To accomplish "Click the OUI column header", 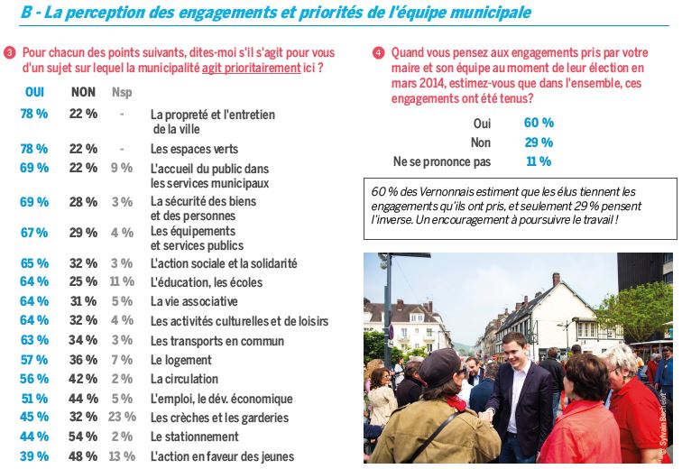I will pyautogui.click(x=34, y=92).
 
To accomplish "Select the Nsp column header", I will pyautogui.click(x=121, y=92).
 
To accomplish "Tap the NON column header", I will pyautogui.click(x=83, y=92).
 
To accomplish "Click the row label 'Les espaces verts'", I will pyautogui.click(x=194, y=149).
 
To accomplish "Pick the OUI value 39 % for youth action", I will pyautogui.click(x=34, y=456).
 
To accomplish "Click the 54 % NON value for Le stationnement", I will pyautogui.click(x=83, y=437).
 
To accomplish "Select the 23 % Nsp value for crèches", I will pyautogui.click(x=121, y=418).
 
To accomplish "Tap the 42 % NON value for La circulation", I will pyautogui.click(x=83, y=380).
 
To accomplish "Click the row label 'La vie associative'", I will pyautogui.click(x=194, y=302).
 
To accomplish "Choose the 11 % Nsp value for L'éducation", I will pyautogui.click(x=121, y=282).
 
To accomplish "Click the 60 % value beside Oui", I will pyautogui.click(x=539, y=123).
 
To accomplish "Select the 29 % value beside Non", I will pyautogui.click(x=539, y=143).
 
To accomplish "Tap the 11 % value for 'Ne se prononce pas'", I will pyautogui.click(x=539, y=161).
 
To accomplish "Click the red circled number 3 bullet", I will pyautogui.click(x=9, y=54).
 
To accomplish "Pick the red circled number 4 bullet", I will pyautogui.click(x=378, y=52).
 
